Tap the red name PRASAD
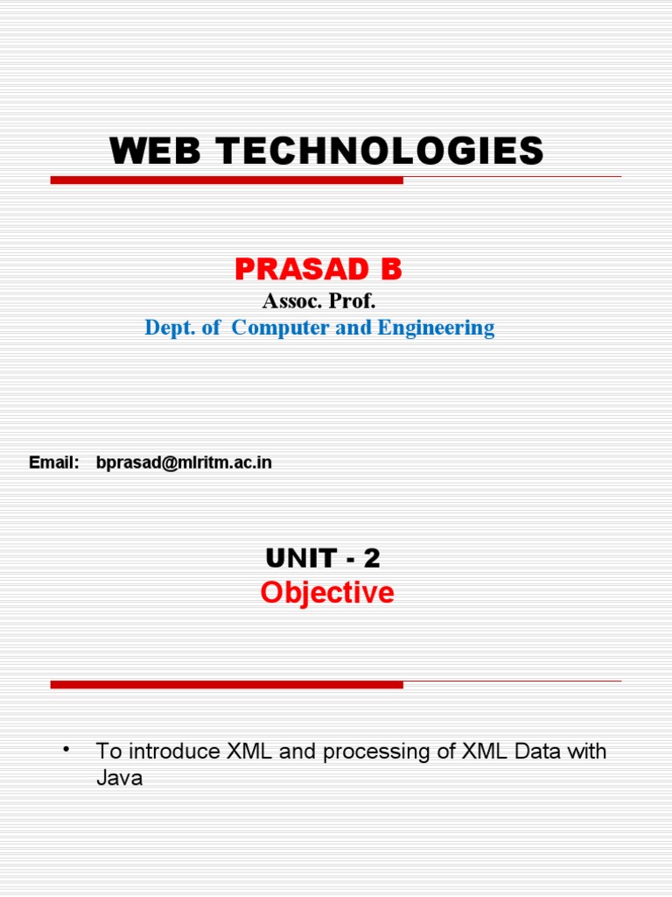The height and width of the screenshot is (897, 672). pos(293,271)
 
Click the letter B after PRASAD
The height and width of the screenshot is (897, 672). pos(389,271)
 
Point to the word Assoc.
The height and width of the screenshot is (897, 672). pos(290,301)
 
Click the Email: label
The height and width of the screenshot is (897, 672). pos(54,463)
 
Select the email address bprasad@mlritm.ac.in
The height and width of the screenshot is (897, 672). pos(184,463)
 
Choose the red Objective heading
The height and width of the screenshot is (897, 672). pos(327,593)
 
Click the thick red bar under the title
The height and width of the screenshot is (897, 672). pos(227,180)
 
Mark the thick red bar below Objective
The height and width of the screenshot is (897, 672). pos(227,684)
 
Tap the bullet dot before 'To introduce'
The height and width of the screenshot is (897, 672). pos(66,749)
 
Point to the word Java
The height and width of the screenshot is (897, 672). pos(119,777)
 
